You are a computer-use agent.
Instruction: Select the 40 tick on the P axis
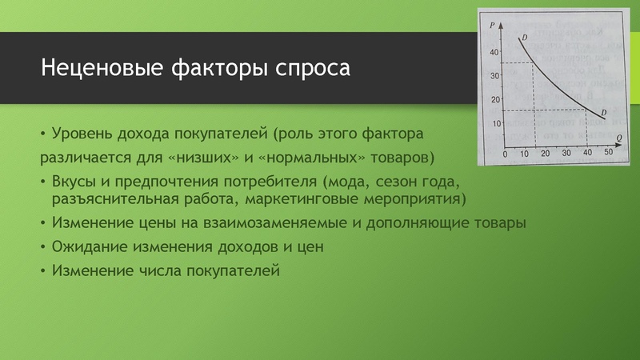click(494, 52)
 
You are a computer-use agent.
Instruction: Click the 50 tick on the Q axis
click(607, 152)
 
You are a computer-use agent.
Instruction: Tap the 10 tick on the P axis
click(494, 123)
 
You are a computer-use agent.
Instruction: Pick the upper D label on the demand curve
click(524, 38)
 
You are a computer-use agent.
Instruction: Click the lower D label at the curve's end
click(602, 111)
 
